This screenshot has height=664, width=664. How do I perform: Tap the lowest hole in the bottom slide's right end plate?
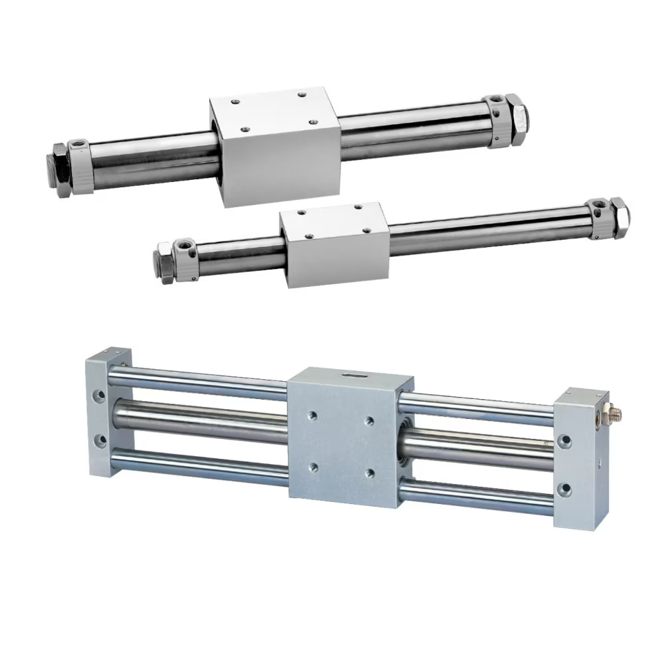tap(564, 490)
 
